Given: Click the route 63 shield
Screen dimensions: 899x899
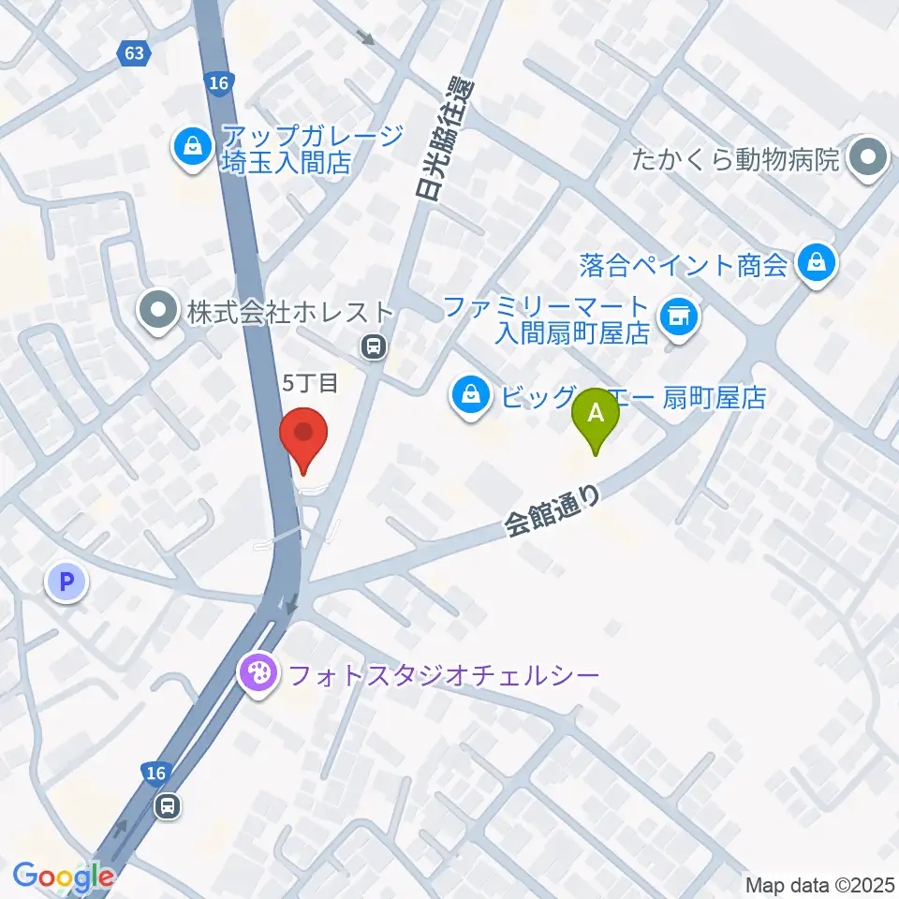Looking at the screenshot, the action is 135,53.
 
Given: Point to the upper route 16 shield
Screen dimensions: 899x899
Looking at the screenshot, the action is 218,83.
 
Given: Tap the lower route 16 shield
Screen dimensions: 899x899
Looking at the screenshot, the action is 155,773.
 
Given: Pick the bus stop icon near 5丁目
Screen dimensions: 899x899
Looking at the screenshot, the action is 374,347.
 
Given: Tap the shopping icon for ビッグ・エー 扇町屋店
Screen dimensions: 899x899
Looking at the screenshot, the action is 469,397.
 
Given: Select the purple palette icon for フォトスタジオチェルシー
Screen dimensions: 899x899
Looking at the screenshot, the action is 256,673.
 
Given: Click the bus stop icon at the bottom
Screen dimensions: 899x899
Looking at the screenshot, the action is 169,805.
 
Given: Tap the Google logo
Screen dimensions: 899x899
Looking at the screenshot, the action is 64,877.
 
